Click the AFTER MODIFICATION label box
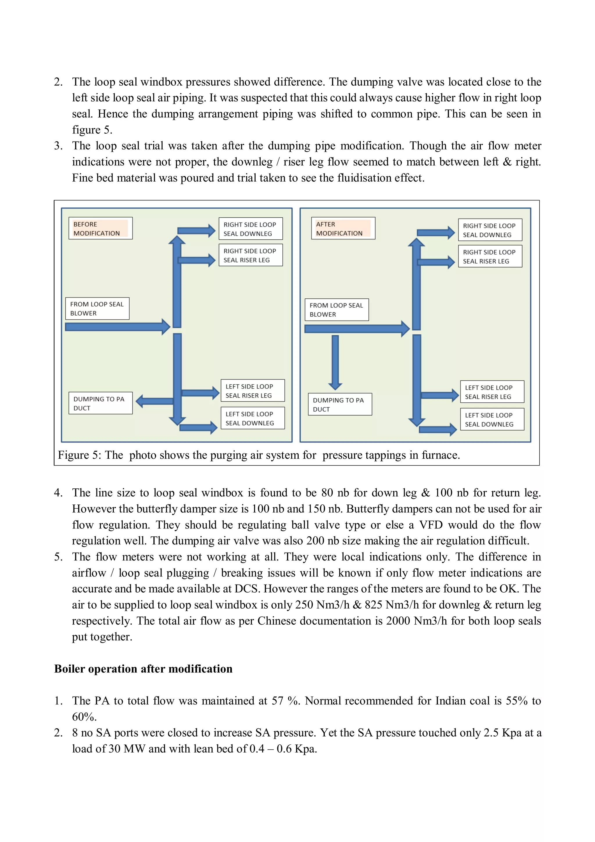(x=343, y=228)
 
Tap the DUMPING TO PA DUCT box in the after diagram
(x=340, y=404)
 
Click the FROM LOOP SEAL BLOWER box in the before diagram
(x=97, y=309)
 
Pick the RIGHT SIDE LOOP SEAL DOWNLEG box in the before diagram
(x=250, y=229)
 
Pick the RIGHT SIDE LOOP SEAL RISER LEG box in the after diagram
(x=490, y=256)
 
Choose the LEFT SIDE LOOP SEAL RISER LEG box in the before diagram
(x=252, y=390)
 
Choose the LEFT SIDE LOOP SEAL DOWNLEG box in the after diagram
(x=492, y=419)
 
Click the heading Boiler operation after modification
(x=143, y=669)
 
